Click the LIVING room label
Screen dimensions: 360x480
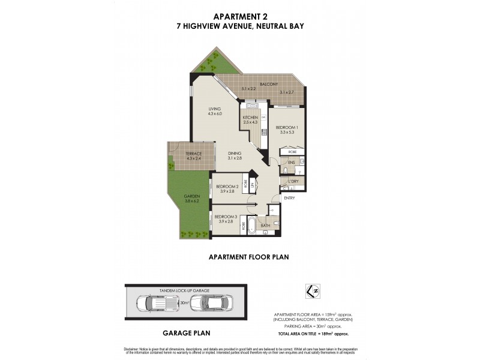point(214,109)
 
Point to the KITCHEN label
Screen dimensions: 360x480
point(250,118)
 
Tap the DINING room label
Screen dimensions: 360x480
point(235,154)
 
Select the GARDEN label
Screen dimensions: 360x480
point(191,196)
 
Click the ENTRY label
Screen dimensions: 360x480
point(290,197)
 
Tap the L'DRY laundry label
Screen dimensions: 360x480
point(294,181)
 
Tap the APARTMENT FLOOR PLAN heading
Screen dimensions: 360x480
point(248,257)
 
